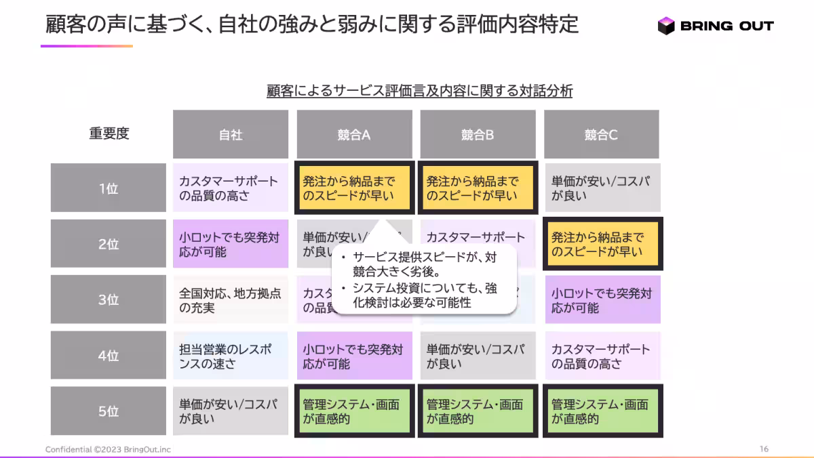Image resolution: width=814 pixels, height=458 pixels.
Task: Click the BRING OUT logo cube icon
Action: (666, 26)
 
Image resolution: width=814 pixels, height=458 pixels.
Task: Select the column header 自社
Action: (231, 134)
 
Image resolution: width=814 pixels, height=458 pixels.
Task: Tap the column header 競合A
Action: (354, 134)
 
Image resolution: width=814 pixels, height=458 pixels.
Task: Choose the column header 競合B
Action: (478, 134)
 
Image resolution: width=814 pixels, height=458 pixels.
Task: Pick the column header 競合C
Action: (601, 134)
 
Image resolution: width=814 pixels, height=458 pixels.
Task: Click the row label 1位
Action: (109, 188)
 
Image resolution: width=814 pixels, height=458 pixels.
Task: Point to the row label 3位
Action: (109, 299)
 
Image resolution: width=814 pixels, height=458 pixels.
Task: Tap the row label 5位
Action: (109, 411)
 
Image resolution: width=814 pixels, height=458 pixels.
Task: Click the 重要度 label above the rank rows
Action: (109, 133)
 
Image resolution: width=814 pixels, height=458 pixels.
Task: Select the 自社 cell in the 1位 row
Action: (231, 188)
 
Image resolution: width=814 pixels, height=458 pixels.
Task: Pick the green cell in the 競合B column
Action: (478, 411)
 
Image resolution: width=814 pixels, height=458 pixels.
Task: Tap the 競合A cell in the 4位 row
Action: (354, 356)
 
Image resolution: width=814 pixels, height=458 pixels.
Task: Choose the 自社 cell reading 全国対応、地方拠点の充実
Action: (231, 300)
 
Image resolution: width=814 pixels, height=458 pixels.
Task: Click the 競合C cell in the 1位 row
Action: (602, 188)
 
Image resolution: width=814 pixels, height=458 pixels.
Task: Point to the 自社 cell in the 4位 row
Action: (231, 356)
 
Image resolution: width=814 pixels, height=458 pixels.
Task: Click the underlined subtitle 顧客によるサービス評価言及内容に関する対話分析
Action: (419, 91)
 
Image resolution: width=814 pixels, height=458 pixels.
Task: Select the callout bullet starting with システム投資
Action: (424, 296)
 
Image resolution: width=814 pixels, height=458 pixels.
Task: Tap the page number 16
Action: (764, 449)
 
